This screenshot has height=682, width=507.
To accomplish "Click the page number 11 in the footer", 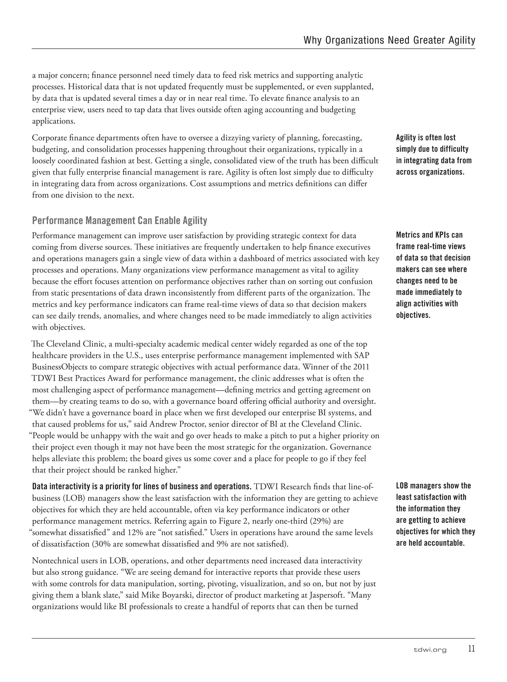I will (x=471, y=649).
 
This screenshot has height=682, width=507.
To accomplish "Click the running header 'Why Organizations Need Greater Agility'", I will (x=389, y=40).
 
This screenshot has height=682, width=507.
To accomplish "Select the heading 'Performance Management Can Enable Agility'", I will (x=120, y=221).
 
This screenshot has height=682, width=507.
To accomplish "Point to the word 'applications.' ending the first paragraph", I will (x=54, y=121).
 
